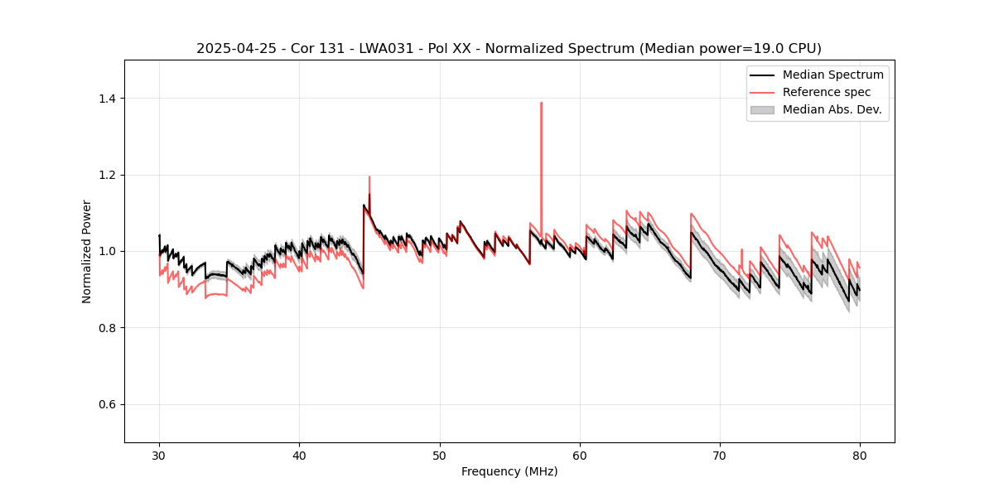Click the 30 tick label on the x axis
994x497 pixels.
pos(159,456)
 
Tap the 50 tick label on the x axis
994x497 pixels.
pos(440,456)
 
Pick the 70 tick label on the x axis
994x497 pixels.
pos(720,456)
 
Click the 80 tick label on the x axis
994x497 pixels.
pos(860,456)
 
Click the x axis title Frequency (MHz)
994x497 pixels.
pos(509,471)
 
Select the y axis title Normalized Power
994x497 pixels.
pos(87,251)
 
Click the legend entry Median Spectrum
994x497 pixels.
pos(832,75)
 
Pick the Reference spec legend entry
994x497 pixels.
pos(826,92)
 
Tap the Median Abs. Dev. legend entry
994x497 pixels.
pos(832,109)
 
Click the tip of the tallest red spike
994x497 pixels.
pos(541,103)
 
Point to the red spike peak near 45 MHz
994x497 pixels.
pos(369,176)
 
